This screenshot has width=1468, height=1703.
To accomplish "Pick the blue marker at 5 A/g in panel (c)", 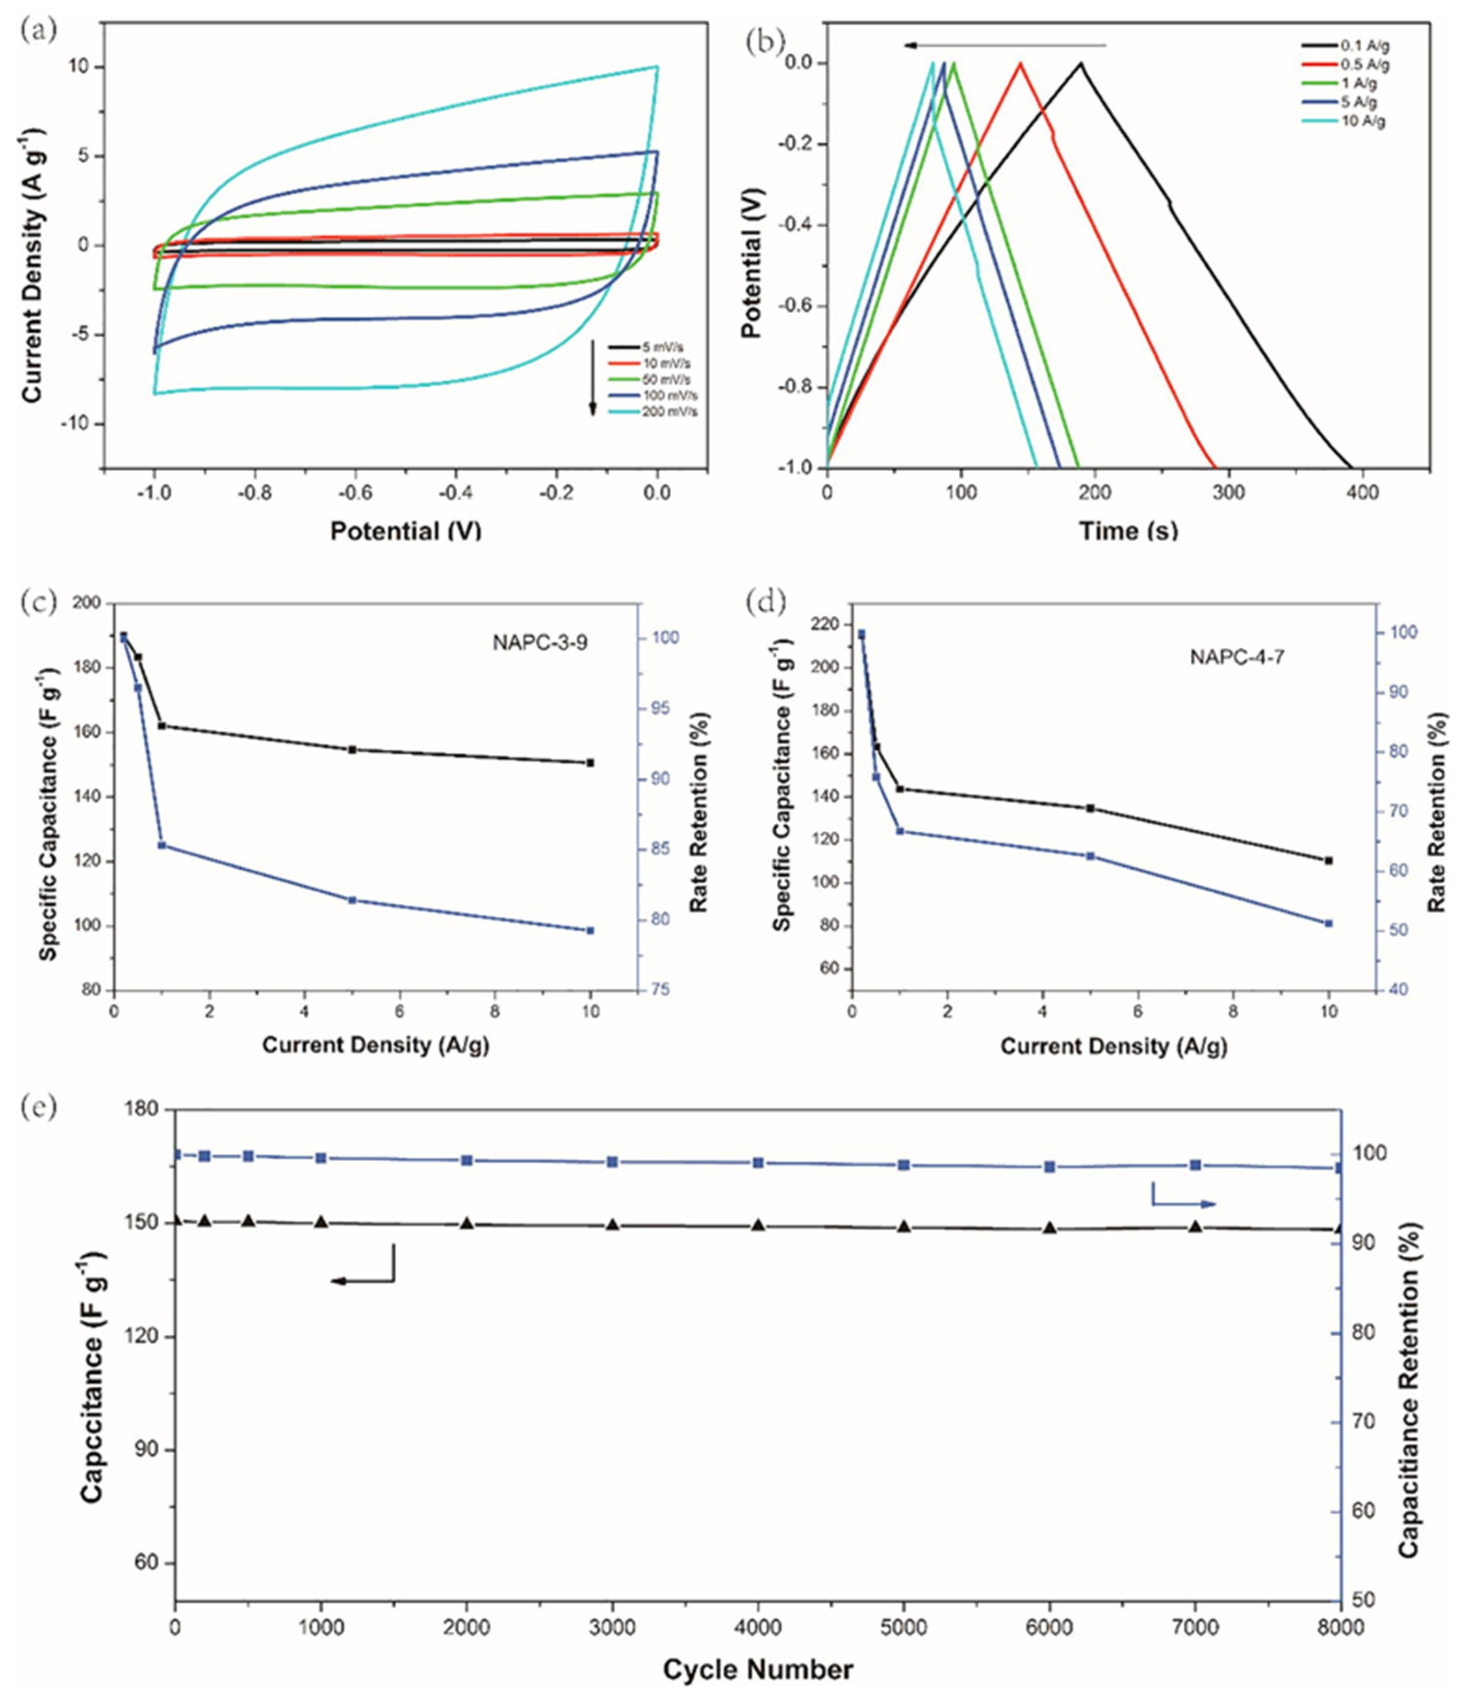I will pyautogui.click(x=352, y=900).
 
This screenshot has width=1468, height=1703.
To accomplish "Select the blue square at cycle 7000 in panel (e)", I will pyautogui.click(x=1195, y=1165).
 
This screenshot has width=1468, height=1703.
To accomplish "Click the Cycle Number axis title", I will pyautogui.click(x=758, y=1669).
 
